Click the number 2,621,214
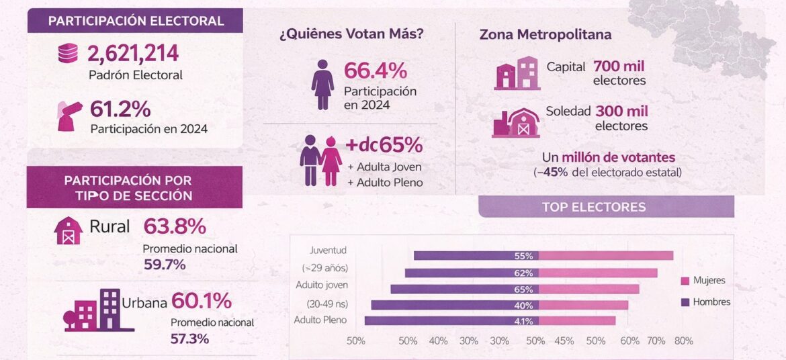[133, 54]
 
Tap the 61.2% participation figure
[121, 109]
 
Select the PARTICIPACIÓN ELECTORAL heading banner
[135, 21]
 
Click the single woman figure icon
[322, 84]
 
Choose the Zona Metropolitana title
[545, 35]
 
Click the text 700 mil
[619, 66]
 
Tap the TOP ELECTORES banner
[594, 207]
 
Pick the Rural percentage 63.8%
[175, 226]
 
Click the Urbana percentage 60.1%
[201, 300]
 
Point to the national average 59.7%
[165, 265]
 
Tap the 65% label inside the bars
[523, 289]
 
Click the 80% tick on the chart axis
[683, 341]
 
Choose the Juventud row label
[328, 251]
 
